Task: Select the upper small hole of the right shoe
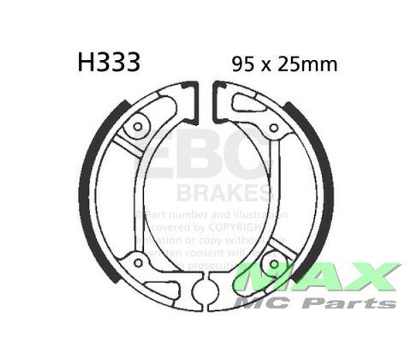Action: point(274,129)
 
